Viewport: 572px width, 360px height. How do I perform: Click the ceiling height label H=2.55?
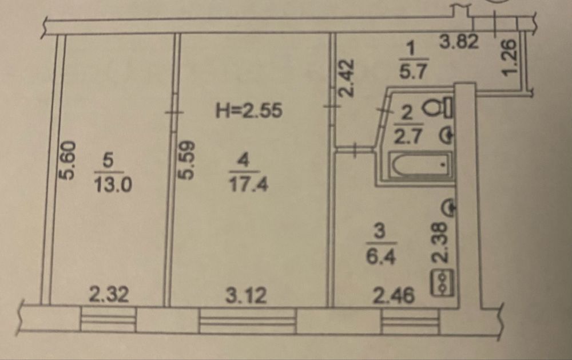click(x=249, y=110)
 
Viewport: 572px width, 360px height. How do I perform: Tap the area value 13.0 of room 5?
click(x=113, y=185)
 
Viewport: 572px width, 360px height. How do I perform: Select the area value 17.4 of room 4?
click(x=248, y=184)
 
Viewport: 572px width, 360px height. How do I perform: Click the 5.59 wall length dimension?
click(x=186, y=160)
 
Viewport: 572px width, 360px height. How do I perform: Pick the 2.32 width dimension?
click(x=109, y=295)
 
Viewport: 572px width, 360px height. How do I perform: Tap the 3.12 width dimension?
click(x=246, y=295)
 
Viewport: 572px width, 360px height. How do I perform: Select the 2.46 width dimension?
click(x=394, y=295)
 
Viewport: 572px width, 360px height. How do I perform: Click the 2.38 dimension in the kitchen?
click(x=439, y=243)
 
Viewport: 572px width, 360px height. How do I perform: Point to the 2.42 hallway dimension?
click(x=346, y=78)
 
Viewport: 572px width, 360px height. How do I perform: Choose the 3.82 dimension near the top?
click(x=459, y=41)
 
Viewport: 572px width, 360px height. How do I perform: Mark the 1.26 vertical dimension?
click(x=510, y=57)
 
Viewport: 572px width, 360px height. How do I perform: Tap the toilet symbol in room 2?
click(x=438, y=107)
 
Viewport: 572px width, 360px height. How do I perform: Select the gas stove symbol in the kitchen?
click(x=443, y=283)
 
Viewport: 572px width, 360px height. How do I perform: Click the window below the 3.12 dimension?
click(x=248, y=321)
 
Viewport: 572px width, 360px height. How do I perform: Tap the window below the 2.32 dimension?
click(x=108, y=319)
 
